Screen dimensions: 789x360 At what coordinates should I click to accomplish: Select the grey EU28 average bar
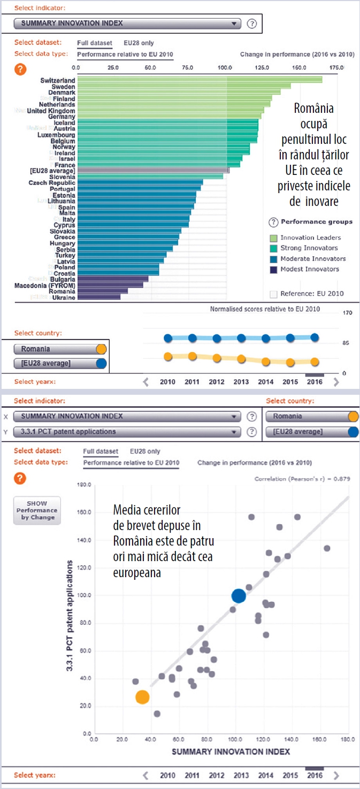click(x=152, y=171)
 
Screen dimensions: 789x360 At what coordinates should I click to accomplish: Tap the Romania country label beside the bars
click(x=62, y=291)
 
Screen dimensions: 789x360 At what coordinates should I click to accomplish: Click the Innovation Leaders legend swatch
click(x=273, y=238)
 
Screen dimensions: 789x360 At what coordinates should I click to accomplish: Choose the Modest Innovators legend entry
click(x=310, y=269)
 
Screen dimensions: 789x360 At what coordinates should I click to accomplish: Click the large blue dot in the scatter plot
click(x=239, y=596)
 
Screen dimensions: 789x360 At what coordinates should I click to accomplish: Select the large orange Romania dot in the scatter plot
click(x=142, y=697)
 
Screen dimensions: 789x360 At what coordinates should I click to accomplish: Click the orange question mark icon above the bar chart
click(x=20, y=69)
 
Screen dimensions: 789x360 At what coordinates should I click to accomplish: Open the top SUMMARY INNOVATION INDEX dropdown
click(x=127, y=24)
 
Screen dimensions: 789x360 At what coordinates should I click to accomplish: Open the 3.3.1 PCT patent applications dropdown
click(x=127, y=432)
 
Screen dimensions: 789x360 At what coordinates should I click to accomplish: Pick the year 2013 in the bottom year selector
click(x=241, y=775)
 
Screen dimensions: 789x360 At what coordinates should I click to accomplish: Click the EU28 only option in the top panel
click(x=139, y=42)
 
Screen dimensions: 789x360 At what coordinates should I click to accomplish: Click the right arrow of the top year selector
click(x=336, y=382)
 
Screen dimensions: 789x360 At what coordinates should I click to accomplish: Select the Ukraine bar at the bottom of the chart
click(x=98, y=297)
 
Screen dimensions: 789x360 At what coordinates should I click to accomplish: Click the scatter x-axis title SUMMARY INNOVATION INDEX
click(x=231, y=752)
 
